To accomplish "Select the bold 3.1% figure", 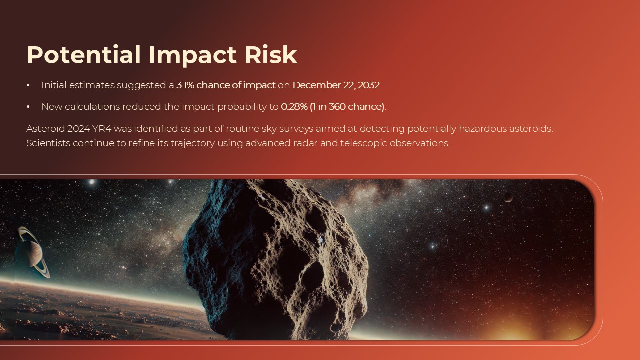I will coord(185,85).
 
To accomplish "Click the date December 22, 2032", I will coord(336,85).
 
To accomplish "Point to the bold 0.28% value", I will coord(294,107).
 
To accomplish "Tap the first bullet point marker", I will coord(28,86).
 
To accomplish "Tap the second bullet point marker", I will coord(28,107).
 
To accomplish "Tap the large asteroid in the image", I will coord(275,260).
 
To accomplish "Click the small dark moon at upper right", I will coord(508,197).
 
